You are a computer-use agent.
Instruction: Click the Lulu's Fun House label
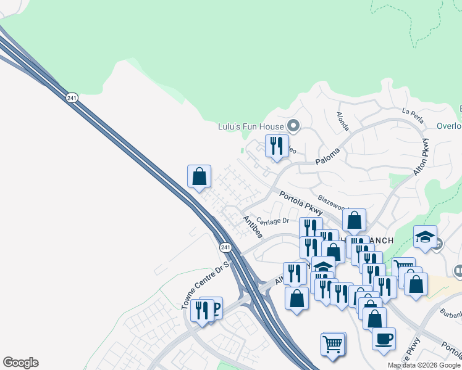pos(250,127)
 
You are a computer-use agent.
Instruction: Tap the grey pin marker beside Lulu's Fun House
pos(293,127)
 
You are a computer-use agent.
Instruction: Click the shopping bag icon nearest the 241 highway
pos(199,176)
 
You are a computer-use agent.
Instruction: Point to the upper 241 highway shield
pos(72,97)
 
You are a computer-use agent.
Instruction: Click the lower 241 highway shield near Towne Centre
pos(225,247)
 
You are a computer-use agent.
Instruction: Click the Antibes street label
pos(253,226)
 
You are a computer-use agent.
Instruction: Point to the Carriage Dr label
pos(273,221)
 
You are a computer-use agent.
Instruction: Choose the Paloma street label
pos(328,153)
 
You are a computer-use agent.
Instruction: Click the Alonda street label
pos(343,122)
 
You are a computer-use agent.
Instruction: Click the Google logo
pos(20,363)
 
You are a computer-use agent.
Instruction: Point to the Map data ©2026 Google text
pos(424,365)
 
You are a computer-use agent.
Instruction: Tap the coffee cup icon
pos(384,339)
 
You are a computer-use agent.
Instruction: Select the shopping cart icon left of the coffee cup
pos(333,343)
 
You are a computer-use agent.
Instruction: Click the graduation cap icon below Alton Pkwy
pos(426,238)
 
